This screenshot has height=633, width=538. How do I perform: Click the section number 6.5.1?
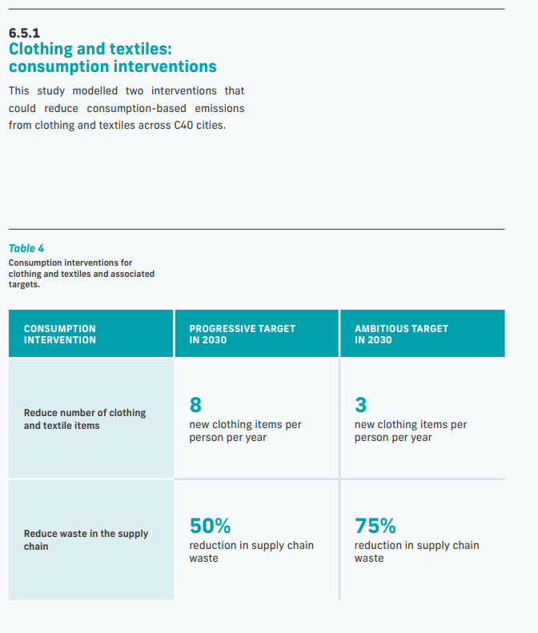click(24, 34)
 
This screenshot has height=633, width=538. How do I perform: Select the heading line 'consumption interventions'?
click(112, 66)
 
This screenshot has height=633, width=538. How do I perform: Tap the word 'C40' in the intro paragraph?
click(183, 126)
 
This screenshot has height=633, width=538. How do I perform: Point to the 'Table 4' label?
click(26, 248)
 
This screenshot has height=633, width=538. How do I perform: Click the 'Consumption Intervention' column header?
click(60, 334)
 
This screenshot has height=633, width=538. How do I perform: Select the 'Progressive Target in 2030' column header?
click(242, 334)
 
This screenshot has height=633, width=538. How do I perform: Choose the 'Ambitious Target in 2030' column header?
click(401, 334)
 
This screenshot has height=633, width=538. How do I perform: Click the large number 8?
click(195, 405)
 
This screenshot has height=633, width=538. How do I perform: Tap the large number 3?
click(360, 405)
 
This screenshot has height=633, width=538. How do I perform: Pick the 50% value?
click(210, 526)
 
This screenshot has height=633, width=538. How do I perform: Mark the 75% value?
click(375, 526)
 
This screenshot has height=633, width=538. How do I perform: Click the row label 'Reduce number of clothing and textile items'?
click(84, 419)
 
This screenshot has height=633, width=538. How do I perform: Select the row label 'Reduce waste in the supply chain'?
click(86, 540)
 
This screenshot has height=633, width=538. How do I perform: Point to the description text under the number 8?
click(245, 431)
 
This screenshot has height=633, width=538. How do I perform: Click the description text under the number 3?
click(410, 431)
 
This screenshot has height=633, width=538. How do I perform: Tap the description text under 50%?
click(251, 551)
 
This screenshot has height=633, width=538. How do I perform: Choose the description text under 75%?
click(416, 551)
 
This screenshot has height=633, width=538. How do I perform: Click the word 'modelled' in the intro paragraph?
click(94, 90)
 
